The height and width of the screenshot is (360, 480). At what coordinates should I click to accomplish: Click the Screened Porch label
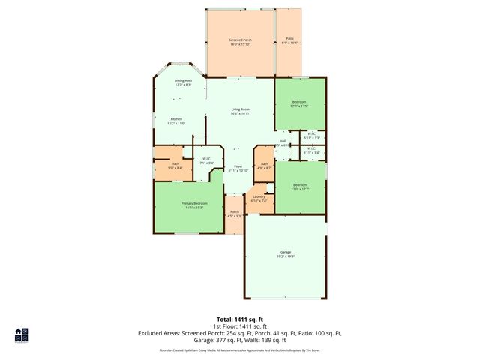(240, 40)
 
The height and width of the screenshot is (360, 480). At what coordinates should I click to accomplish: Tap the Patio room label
(289, 40)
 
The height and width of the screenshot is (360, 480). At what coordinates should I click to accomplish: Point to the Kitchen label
(176, 120)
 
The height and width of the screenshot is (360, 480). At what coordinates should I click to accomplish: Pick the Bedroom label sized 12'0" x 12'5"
(300, 103)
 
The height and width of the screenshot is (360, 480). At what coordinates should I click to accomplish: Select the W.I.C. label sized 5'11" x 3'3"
(312, 136)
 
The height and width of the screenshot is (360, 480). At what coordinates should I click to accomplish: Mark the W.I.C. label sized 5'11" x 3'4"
(312, 150)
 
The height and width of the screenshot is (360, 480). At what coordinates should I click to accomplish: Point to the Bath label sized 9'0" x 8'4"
(175, 166)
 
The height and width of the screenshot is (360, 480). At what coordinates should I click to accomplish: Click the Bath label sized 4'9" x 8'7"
(264, 164)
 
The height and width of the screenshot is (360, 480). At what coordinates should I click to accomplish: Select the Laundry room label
(259, 199)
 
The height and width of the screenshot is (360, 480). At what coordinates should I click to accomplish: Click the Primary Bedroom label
(194, 205)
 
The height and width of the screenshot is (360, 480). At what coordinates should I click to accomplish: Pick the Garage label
(286, 253)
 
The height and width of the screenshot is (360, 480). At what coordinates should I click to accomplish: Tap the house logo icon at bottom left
(22, 334)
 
